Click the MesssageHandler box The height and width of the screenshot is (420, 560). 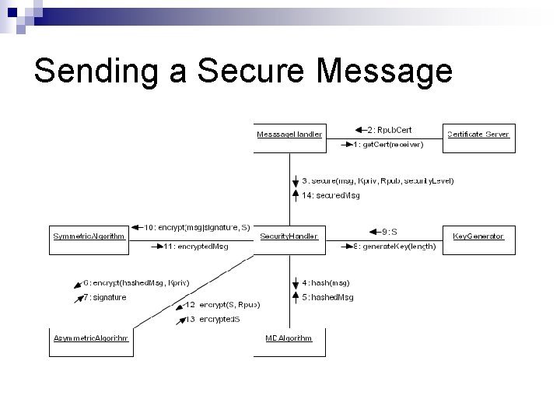coord(289,135)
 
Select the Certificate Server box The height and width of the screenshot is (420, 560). coord(478,135)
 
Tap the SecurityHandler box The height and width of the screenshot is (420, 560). coord(289,236)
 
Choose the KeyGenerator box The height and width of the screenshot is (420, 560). coord(478,236)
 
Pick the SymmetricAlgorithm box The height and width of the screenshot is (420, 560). coord(89,236)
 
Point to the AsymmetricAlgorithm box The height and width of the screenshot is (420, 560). coord(90,338)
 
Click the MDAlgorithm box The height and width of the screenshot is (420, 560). coord(289,338)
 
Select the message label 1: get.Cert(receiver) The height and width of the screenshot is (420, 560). coord(389,145)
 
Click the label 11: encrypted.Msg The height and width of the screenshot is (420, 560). coord(195,247)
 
